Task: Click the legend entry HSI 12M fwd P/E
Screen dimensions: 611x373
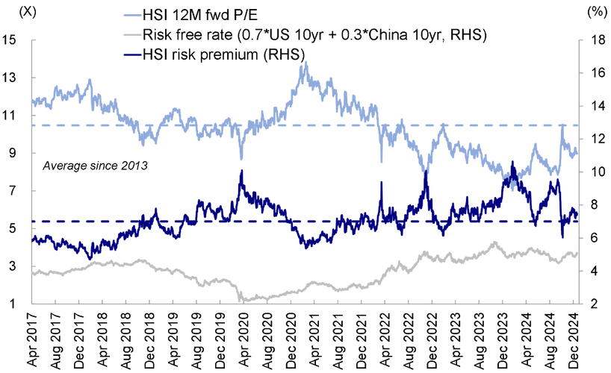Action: pos(190,15)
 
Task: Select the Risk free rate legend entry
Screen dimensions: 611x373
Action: pos(305,35)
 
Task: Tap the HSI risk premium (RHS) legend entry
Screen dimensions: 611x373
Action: pos(214,54)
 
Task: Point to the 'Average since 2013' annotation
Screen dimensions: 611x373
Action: pos(95,166)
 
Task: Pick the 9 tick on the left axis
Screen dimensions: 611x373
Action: pos(13,153)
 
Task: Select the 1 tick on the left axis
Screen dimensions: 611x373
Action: pos(13,304)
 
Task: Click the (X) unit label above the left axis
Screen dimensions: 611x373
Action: pos(28,12)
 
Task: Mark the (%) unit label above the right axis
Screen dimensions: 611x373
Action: pos(595,12)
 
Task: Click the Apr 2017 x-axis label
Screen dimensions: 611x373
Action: pos(32,339)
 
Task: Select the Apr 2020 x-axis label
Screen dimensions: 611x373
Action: pos(244,339)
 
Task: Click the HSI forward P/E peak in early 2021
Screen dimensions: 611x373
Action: pos(306,63)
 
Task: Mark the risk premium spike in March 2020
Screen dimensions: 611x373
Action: pos(241,171)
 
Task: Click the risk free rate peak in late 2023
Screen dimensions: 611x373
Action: pos(494,242)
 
